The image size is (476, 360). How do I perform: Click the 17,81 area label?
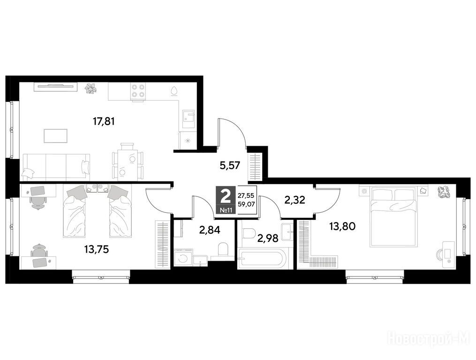(104, 122)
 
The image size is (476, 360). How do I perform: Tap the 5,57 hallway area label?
(230, 166)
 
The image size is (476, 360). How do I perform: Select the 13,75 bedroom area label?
(97, 249)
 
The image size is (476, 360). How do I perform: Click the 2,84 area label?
(210, 230)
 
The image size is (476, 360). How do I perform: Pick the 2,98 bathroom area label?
(268, 239)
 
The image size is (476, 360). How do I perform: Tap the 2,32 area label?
(295, 200)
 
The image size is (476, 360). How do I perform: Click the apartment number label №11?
(226, 210)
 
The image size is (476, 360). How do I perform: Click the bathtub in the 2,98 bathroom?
(261, 259)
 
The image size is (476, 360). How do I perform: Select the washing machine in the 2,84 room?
(183, 258)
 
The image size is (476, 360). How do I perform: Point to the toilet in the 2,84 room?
(223, 249)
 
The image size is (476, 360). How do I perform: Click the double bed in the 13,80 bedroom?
(393, 216)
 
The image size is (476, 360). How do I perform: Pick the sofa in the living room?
(56, 166)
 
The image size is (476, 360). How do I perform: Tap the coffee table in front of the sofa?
(55, 135)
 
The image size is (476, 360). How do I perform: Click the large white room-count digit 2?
(226, 196)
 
